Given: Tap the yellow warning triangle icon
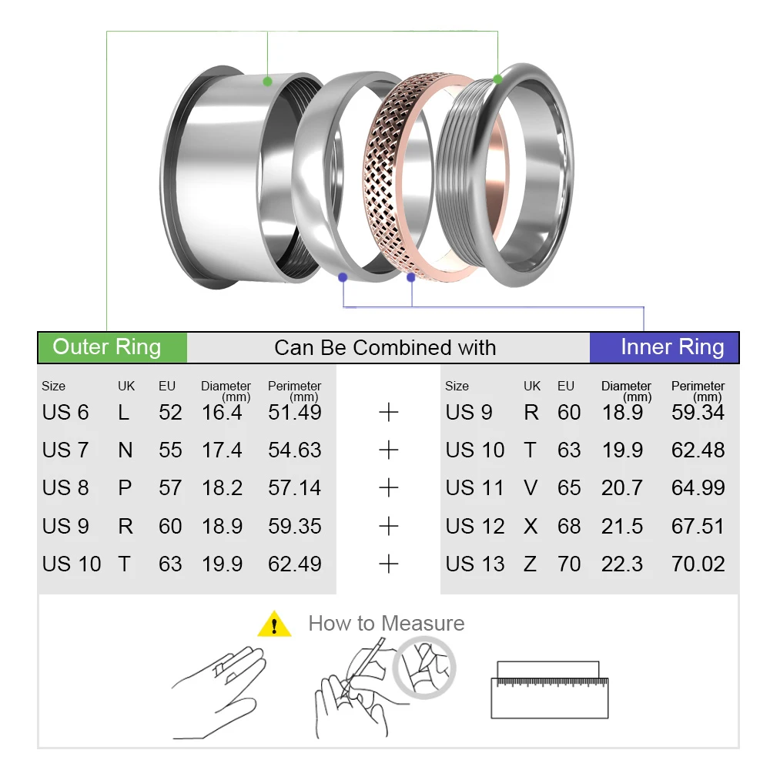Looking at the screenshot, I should pyautogui.click(x=274, y=624).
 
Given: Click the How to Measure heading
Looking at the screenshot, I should pyautogui.click(x=386, y=623).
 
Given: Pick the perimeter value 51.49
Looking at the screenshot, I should pyautogui.click(x=294, y=412).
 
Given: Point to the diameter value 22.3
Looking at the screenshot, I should pyautogui.click(x=621, y=564).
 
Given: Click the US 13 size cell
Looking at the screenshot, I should pyautogui.click(x=474, y=564).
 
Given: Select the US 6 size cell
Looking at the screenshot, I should pyautogui.click(x=65, y=412).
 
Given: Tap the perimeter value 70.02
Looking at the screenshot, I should pyautogui.click(x=698, y=564).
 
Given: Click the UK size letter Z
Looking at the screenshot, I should pyautogui.click(x=530, y=564).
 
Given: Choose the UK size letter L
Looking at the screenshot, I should pyautogui.click(x=123, y=412).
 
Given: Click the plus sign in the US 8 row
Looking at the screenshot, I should pyautogui.click(x=389, y=487).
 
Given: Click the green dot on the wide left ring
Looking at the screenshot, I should pyautogui.click(x=267, y=80).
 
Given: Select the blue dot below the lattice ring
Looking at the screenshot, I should pyautogui.click(x=411, y=276).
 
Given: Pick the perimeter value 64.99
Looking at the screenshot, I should pyautogui.click(x=698, y=487).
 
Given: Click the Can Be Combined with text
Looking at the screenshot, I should pyautogui.click(x=385, y=347).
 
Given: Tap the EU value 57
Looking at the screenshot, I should pyautogui.click(x=170, y=487).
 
